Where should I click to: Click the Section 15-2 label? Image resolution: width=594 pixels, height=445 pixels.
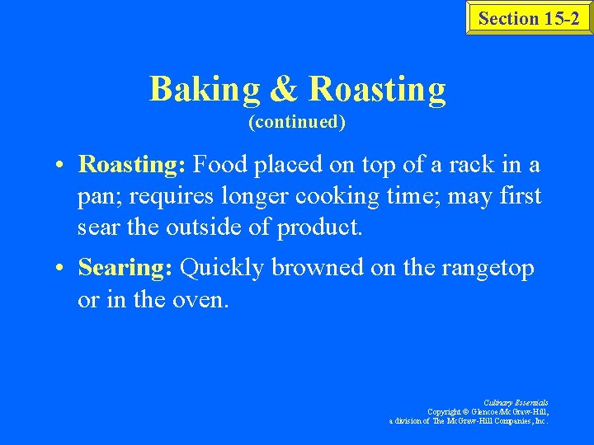click(529, 18)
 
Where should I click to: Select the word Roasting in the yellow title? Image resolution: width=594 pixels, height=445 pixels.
click(377, 89)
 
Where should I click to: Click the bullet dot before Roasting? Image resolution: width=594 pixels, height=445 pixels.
click(62, 166)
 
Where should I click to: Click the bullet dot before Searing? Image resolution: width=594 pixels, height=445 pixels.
click(62, 269)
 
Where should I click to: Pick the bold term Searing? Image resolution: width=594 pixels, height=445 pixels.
click(125, 268)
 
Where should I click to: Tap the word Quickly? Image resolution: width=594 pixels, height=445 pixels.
click(220, 268)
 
